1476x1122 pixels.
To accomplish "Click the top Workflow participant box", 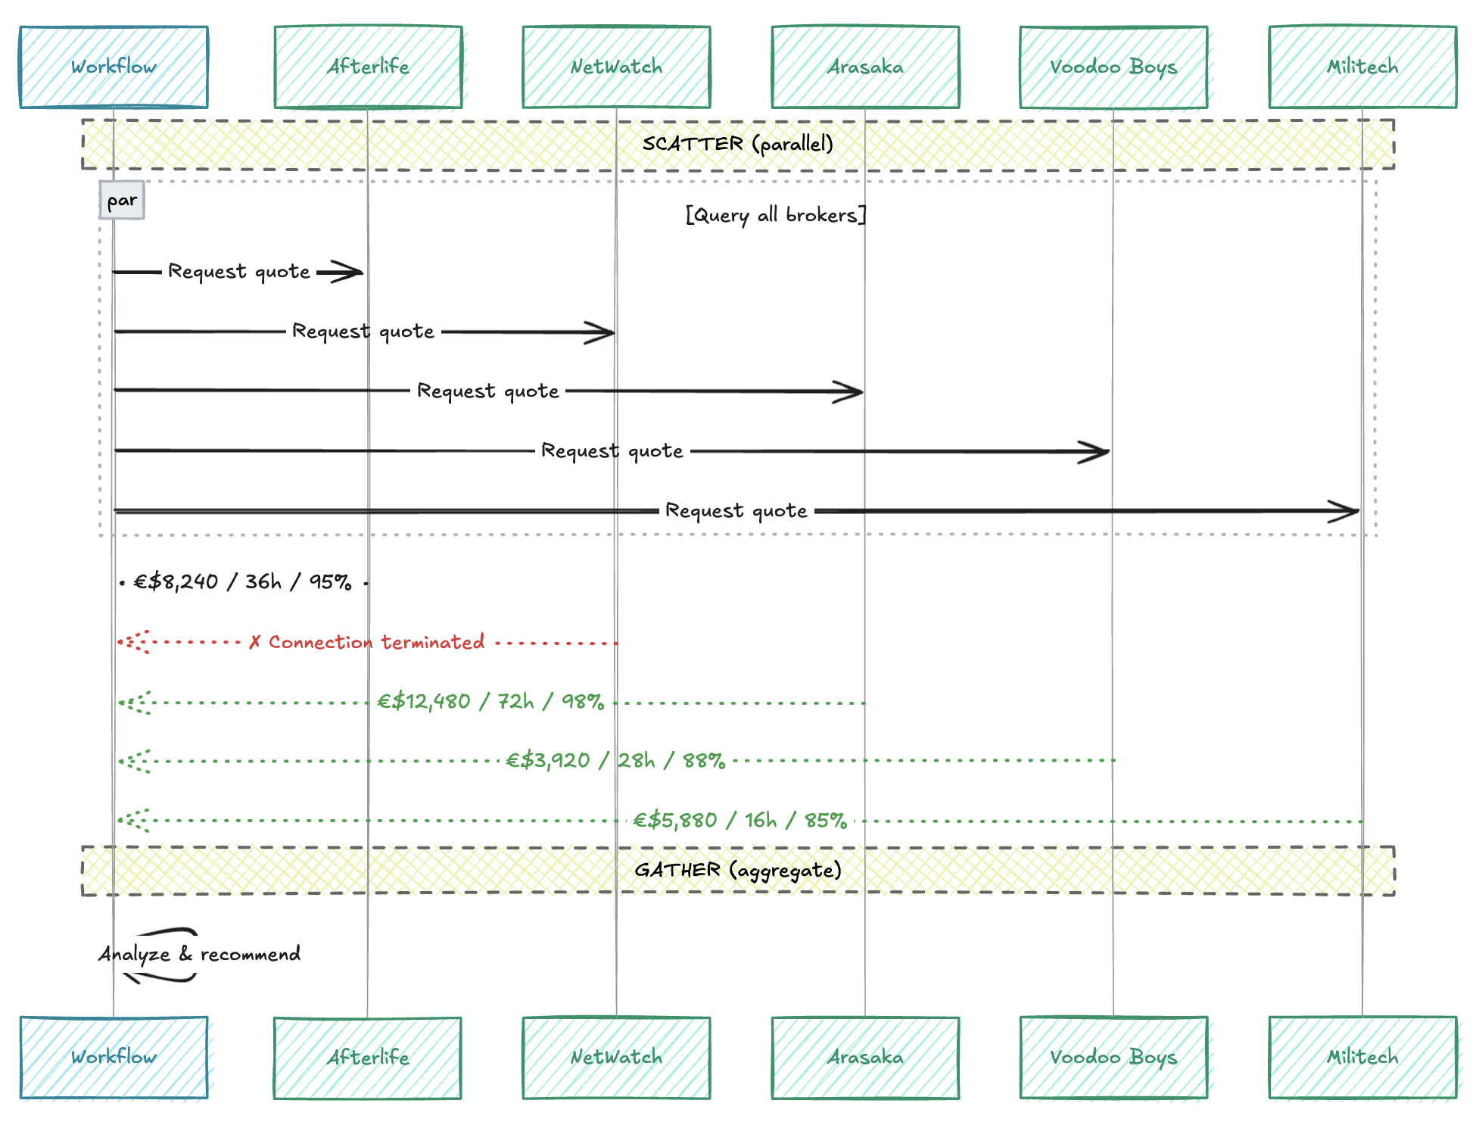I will (x=114, y=67).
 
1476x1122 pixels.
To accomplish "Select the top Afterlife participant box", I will (x=368, y=67).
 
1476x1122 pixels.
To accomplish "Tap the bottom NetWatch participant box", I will (x=616, y=1057).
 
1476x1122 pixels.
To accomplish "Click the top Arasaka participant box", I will (x=865, y=67).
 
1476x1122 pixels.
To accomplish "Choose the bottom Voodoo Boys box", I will (x=1113, y=1057).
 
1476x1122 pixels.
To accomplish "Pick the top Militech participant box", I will (x=1362, y=67).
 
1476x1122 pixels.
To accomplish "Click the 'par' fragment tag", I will (x=122, y=201).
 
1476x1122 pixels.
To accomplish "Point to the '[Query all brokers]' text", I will (x=775, y=215).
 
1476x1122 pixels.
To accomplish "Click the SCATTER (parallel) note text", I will (x=738, y=144).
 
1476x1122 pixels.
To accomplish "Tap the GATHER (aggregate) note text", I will (x=738, y=870).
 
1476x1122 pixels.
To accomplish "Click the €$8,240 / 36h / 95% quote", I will (x=242, y=581).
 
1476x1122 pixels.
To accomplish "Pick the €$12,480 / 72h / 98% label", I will (x=490, y=701).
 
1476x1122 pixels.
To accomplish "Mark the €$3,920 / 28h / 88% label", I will (x=615, y=760).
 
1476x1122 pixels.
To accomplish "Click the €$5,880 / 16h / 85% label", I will (x=740, y=820).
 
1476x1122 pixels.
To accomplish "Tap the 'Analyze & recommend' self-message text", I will (x=199, y=954).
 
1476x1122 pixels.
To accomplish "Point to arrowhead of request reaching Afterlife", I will (x=353, y=272).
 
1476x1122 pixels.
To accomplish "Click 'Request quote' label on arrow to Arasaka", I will (x=488, y=391).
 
